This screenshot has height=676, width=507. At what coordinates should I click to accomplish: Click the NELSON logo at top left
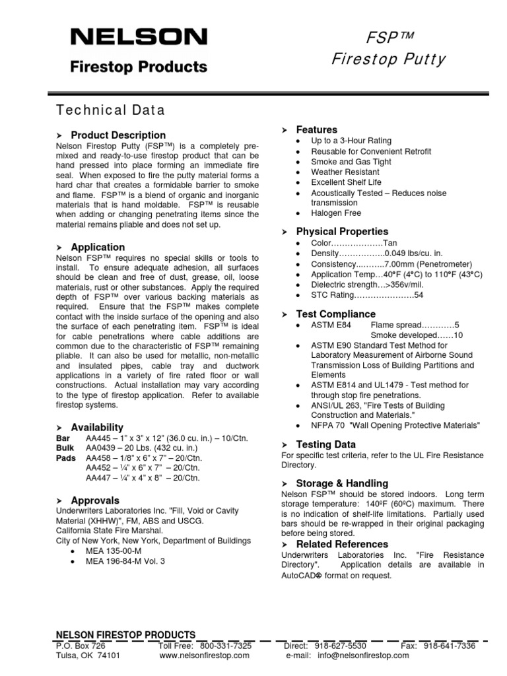pyautogui.click(x=139, y=37)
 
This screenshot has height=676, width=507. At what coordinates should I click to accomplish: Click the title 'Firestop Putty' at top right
pyautogui.click(x=388, y=59)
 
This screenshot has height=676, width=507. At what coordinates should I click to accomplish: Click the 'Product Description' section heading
pyautogui.click(x=118, y=135)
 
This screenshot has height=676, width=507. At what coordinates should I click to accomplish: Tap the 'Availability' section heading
pyautogui.click(x=97, y=427)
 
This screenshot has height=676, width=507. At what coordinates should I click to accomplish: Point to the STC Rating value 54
pyautogui.click(x=419, y=295)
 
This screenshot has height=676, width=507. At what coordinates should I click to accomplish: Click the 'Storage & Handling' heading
pyautogui.click(x=342, y=483)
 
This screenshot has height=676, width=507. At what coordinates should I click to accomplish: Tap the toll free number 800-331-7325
pyautogui.click(x=225, y=646)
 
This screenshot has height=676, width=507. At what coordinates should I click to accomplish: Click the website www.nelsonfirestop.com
pyautogui.click(x=205, y=656)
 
